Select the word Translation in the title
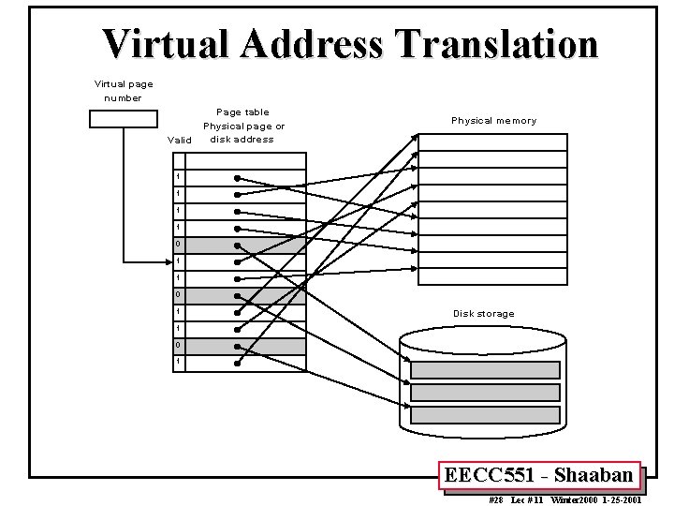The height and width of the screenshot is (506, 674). tap(497, 44)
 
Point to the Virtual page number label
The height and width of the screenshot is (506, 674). tap(124, 91)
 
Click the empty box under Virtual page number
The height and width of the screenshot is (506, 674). tap(124, 119)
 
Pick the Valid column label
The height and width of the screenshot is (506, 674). tap(178, 141)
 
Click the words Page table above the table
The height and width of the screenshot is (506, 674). tap(242, 112)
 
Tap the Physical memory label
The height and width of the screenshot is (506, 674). tap(493, 121)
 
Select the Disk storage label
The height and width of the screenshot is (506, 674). tap(483, 314)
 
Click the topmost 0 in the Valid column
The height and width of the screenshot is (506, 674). tap(178, 246)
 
